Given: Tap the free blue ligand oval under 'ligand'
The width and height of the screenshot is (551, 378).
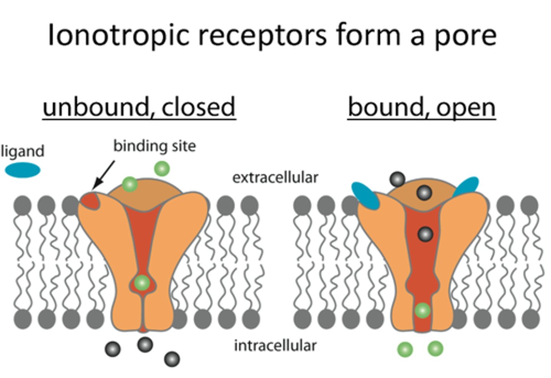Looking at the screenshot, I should (x=23, y=170).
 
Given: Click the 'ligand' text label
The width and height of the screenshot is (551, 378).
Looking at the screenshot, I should (x=23, y=151).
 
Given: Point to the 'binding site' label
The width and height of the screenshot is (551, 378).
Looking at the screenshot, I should (x=154, y=146).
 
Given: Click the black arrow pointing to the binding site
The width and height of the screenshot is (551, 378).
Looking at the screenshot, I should (x=104, y=174).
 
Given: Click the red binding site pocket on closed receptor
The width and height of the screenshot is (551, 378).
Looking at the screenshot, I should (x=90, y=201).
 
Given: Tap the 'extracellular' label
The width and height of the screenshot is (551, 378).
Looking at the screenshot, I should (x=275, y=177).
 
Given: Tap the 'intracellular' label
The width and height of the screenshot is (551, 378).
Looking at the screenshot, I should (x=275, y=345).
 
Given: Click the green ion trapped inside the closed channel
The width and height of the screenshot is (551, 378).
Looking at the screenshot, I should (x=142, y=283).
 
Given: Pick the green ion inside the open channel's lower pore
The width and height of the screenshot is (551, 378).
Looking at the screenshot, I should (x=422, y=310).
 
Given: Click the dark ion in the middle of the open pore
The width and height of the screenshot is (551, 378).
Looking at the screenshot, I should (x=425, y=234).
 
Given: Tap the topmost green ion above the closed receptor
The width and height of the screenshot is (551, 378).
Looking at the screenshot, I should (x=161, y=169).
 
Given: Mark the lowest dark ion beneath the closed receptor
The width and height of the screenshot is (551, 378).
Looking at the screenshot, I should (x=172, y=359).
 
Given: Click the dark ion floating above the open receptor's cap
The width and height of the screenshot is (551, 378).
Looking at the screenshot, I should (x=397, y=179).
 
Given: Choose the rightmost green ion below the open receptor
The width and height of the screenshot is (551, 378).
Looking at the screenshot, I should (x=435, y=349).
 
